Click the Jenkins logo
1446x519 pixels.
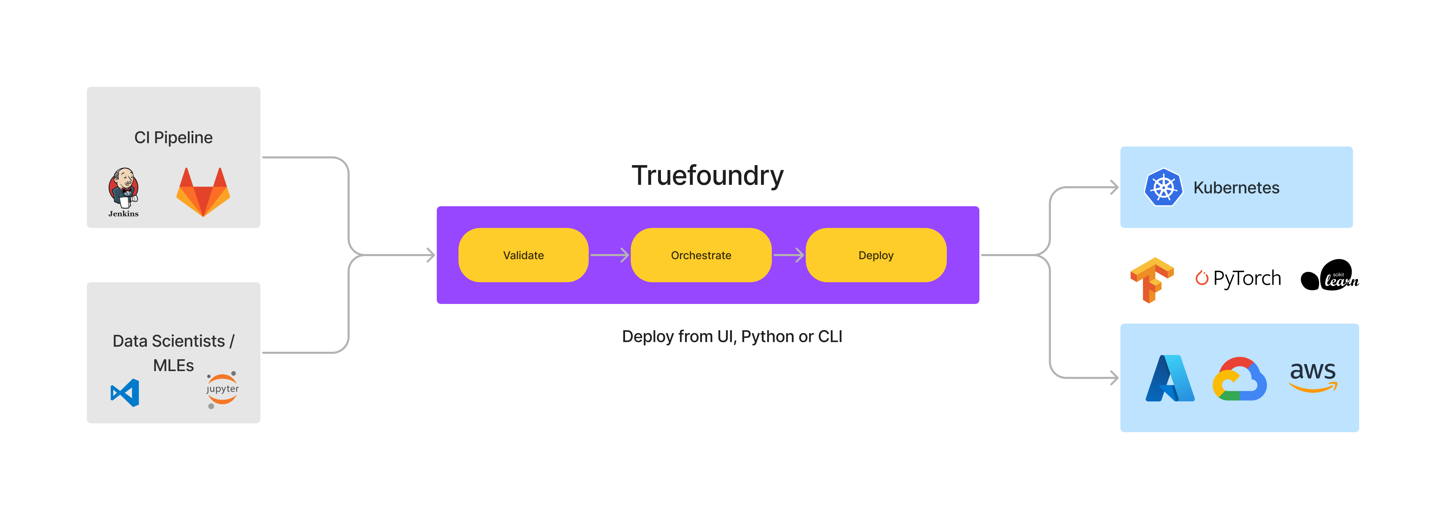pos(123,191)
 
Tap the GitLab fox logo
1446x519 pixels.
pos(203,192)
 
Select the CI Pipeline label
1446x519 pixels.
pos(173,138)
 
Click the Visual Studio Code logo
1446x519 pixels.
pos(125,392)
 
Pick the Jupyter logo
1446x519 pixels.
pos(222,389)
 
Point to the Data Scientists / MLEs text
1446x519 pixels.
pos(173,353)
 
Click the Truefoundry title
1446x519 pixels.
pos(707,175)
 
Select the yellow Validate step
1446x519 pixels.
pos(523,255)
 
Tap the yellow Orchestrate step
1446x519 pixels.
pos(701,255)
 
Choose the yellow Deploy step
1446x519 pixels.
pos(876,255)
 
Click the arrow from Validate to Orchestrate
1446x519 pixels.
pos(610,255)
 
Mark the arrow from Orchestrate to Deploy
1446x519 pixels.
pos(789,255)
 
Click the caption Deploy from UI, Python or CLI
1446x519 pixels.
pos(732,337)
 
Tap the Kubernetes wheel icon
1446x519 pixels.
pos(1163,188)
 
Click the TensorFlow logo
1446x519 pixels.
pos(1151,279)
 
